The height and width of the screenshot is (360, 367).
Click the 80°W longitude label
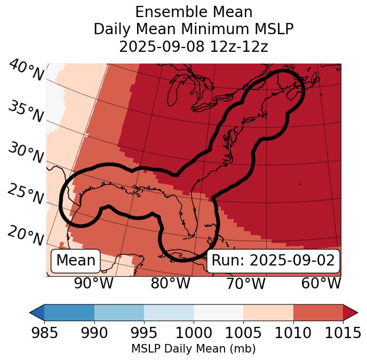170,283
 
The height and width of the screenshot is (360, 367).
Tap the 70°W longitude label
246,283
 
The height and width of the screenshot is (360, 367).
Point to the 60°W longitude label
321,283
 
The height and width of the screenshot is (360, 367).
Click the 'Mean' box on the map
76,261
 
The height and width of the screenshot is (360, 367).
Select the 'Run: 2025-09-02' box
273,261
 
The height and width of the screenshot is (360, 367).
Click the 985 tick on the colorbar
44,333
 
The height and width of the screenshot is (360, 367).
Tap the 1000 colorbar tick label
194,333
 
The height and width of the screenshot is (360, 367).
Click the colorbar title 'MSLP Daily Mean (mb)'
194,349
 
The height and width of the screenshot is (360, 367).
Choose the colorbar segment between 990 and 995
119,312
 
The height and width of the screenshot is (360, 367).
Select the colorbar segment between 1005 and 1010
268,312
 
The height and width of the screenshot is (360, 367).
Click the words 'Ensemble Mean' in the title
194,12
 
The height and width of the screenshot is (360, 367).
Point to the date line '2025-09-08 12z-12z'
194,46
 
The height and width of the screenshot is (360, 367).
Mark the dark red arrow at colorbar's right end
350,312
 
